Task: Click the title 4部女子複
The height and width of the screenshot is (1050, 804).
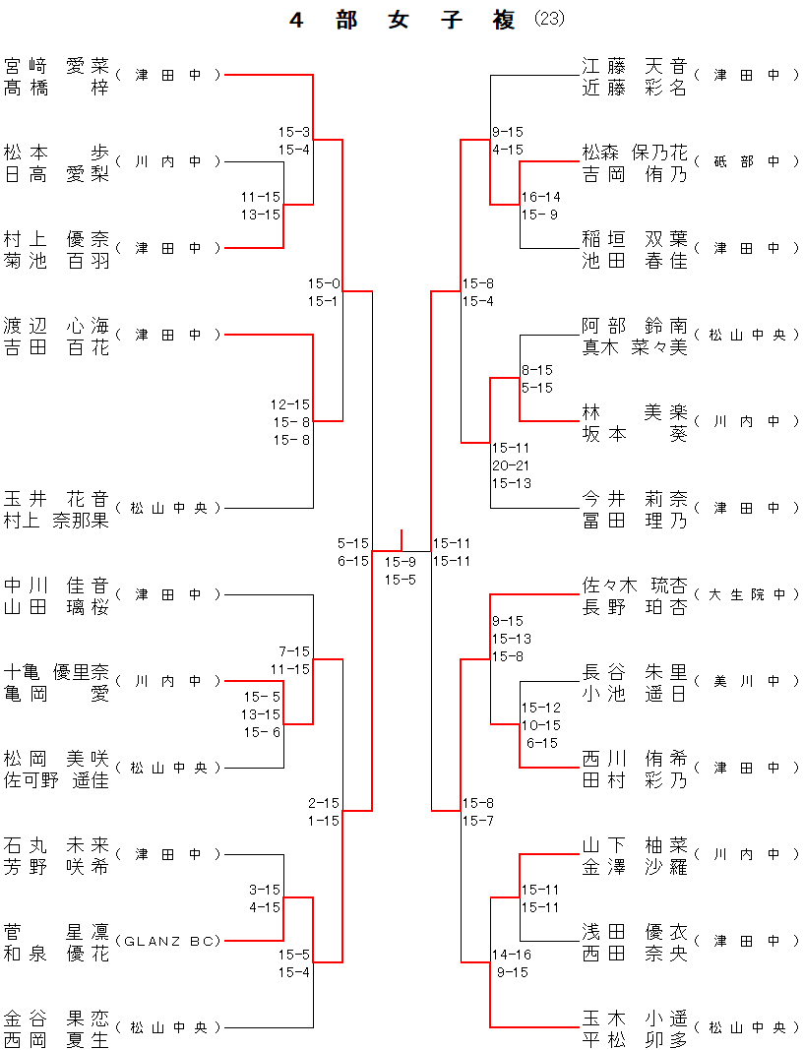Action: tap(402, 21)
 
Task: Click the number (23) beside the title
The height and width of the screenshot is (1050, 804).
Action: tap(549, 20)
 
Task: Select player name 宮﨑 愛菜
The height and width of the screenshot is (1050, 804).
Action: tap(56, 66)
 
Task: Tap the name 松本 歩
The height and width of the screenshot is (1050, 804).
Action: tap(56, 153)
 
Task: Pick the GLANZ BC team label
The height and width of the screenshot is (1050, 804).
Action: tap(168, 941)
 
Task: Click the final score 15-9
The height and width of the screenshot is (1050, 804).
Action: tap(401, 562)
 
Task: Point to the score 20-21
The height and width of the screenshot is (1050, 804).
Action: tap(512, 465)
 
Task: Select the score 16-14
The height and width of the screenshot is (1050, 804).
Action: tap(540, 197)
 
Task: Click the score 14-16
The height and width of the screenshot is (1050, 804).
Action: tap(512, 955)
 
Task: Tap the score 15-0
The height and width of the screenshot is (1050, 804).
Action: tap(324, 283)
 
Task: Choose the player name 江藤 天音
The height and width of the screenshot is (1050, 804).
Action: tap(634, 66)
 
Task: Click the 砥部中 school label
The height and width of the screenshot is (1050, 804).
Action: tap(747, 161)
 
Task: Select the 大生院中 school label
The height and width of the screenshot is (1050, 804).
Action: tap(747, 594)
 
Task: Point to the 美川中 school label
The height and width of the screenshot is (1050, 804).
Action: tap(747, 681)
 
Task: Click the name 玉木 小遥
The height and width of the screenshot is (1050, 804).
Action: tap(634, 1019)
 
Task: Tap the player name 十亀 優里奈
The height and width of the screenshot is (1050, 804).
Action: tap(56, 672)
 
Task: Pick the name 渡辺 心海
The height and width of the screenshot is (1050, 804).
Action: tap(56, 326)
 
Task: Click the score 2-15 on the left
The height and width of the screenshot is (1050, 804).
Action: tap(324, 803)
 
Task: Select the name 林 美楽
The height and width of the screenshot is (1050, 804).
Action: tap(634, 412)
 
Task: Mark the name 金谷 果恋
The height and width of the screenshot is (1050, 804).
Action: tap(56, 1019)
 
